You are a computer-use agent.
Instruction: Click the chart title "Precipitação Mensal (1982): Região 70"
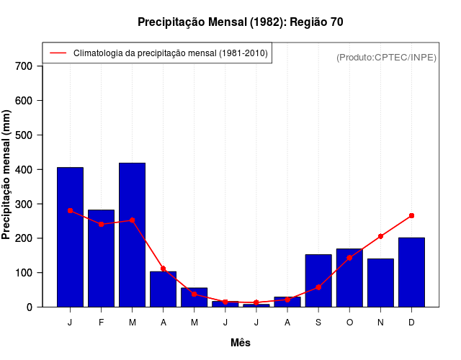240,22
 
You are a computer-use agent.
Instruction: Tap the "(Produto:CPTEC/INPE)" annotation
386,57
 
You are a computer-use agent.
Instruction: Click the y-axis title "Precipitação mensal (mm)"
7,175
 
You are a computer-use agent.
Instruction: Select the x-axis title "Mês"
241,343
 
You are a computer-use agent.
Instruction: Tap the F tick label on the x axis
101,323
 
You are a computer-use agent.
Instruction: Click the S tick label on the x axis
318,323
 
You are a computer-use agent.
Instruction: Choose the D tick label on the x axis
411,323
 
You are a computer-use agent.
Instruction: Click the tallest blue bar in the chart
132,235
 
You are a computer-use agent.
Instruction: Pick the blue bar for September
318,281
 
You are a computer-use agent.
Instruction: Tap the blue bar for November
380,283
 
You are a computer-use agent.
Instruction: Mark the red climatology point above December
411,215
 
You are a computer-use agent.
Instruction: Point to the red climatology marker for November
380,236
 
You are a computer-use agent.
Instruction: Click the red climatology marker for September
318,287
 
